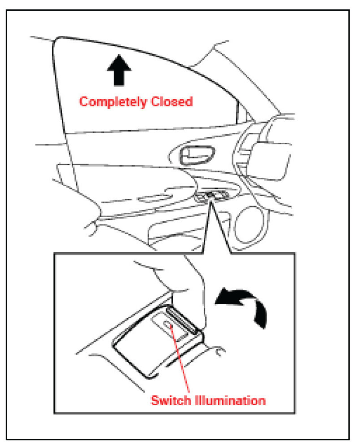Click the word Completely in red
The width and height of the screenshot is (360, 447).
tap(113, 102)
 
